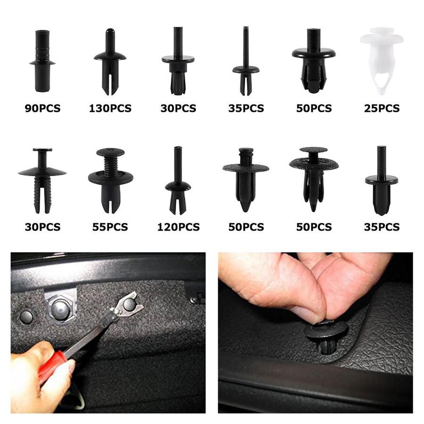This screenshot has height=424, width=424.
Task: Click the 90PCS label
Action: pyautogui.click(x=42, y=109)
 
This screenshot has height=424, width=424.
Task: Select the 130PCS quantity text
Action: pyautogui.click(x=110, y=109)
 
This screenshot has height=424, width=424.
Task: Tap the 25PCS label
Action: pyautogui.click(x=382, y=109)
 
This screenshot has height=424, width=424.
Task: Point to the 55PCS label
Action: pyautogui.click(x=110, y=227)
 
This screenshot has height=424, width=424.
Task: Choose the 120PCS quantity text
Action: pyautogui.click(x=178, y=227)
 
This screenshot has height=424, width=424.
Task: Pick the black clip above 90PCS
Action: pyautogui.click(x=42, y=61)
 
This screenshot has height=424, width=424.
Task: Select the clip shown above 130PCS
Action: pyautogui.click(x=110, y=61)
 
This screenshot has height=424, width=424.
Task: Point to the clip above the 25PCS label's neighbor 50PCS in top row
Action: pyautogui.click(x=314, y=61)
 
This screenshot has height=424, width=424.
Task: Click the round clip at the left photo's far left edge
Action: pyautogui.click(x=26, y=317)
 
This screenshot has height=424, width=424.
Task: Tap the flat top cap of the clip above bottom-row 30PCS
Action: pyautogui.click(x=42, y=150)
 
